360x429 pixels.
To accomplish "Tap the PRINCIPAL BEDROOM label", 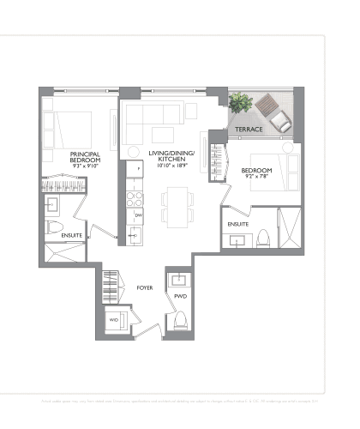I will click(x=86, y=157).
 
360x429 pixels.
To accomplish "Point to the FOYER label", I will click(x=145, y=287).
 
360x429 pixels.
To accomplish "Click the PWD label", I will click(x=180, y=297).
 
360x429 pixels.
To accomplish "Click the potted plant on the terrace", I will click(x=240, y=105).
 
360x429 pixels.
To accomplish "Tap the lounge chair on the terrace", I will click(x=273, y=112).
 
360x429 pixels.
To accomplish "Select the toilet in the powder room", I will click(x=181, y=320).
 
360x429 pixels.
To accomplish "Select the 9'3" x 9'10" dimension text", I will click(x=86, y=167).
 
